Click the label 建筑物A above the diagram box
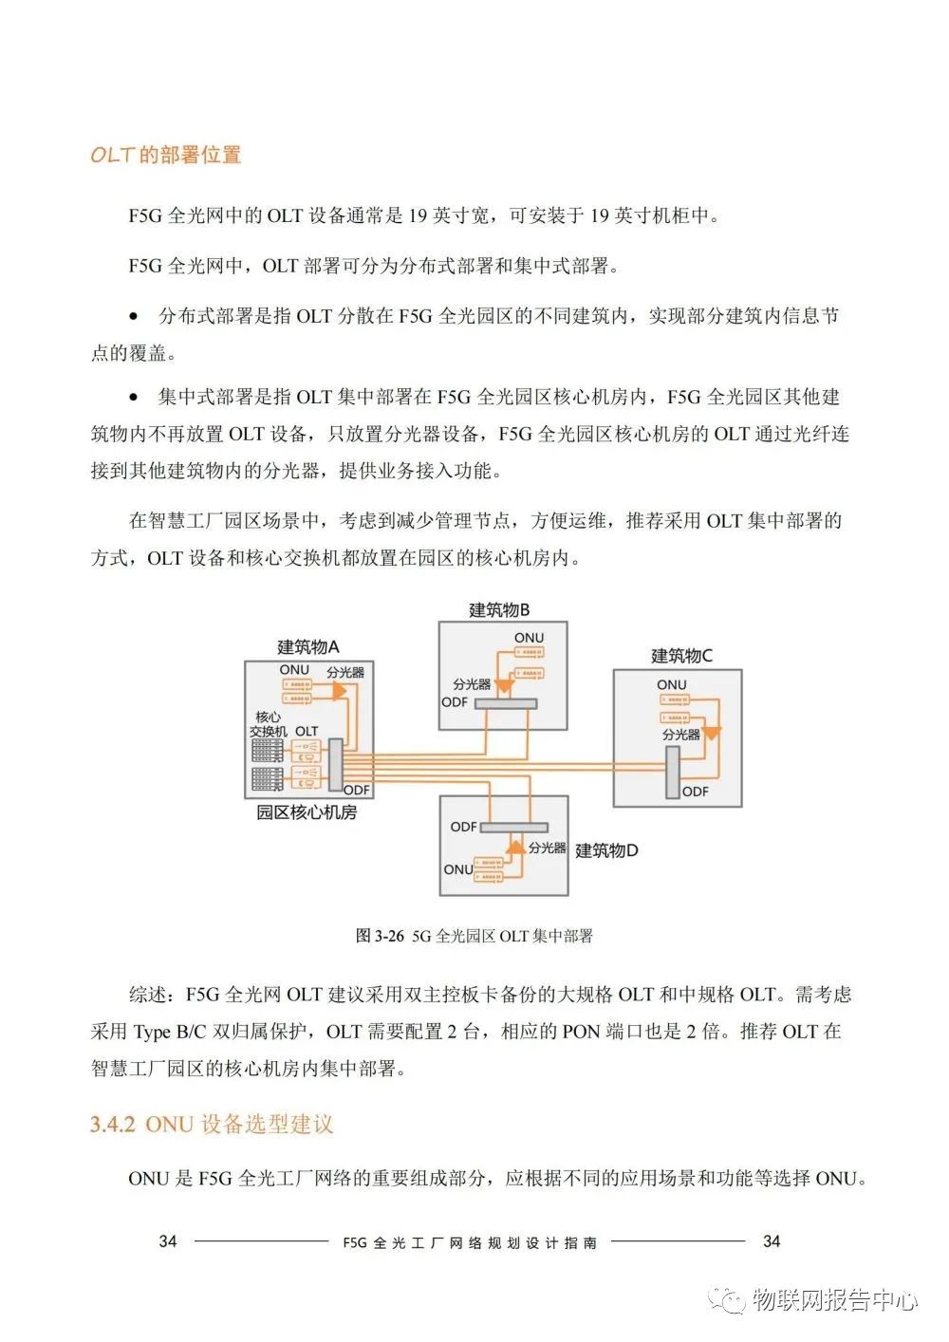pyautogui.click(x=307, y=647)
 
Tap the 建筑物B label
pyautogui.click(x=499, y=610)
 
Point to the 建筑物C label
pyautogui.click(x=681, y=656)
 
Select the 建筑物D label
pyautogui.click(x=606, y=850)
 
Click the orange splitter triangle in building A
pyautogui.click(x=338, y=692)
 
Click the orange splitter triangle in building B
pyautogui.click(x=505, y=685)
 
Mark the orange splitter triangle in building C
pyautogui.click(x=711, y=733)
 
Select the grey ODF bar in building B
pyautogui.click(x=505, y=703)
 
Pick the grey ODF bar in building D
pyautogui.click(x=512, y=828)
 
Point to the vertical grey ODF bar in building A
pyautogui.click(x=334, y=765)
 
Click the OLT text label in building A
pyautogui.click(x=307, y=732)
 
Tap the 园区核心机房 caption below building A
pyautogui.click(x=307, y=812)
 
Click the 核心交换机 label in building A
pyautogui.click(x=268, y=724)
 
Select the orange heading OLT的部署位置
pyautogui.click(x=166, y=155)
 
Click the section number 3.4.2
pyautogui.click(x=113, y=1125)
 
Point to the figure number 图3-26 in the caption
pyautogui.click(x=380, y=936)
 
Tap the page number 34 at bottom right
pyautogui.click(x=772, y=1241)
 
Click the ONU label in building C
pyautogui.click(x=671, y=684)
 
